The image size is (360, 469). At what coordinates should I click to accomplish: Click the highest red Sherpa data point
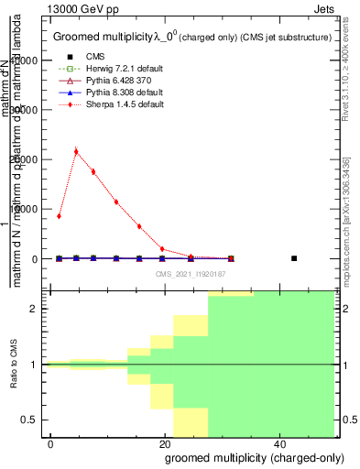pos(76,151)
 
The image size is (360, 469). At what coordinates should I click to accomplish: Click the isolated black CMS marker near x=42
pos(294,258)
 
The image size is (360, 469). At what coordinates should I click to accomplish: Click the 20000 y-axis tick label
pos(29,159)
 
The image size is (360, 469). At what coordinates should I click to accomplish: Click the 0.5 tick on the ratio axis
pos(37,420)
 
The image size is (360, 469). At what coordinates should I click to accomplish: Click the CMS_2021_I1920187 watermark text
pos(191,274)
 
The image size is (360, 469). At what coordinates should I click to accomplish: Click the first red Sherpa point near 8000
pos(59,216)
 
